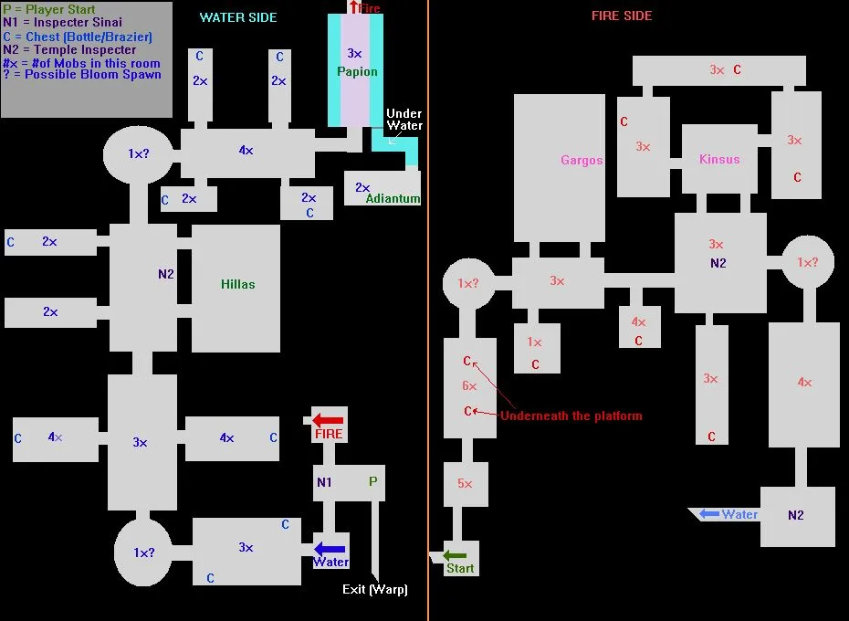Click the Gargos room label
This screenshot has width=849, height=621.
coord(582,161)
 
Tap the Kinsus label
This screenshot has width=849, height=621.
coord(719,159)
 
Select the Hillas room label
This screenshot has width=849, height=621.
coord(237,284)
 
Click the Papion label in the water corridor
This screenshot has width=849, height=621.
coord(356,71)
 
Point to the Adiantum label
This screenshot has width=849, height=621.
coord(393,198)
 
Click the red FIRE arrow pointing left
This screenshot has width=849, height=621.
coord(328,420)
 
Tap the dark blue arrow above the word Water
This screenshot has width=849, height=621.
coord(330,549)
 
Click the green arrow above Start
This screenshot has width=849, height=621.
coord(455,555)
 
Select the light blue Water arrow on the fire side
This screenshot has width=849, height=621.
coord(709,514)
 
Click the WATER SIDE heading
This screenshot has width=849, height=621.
coord(238,17)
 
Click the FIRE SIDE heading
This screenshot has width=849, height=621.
coord(622,16)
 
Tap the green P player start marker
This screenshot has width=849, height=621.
coord(372,481)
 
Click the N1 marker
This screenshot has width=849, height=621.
coord(324,482)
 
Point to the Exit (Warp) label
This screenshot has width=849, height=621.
coord(374,589)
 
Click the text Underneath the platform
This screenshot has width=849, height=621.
coord(571,416)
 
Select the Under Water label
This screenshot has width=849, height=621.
coord(404,120)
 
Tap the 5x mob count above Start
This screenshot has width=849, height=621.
coord(465,484)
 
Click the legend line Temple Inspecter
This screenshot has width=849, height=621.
coord(69,50)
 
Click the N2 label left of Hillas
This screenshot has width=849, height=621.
coord(165,273)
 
